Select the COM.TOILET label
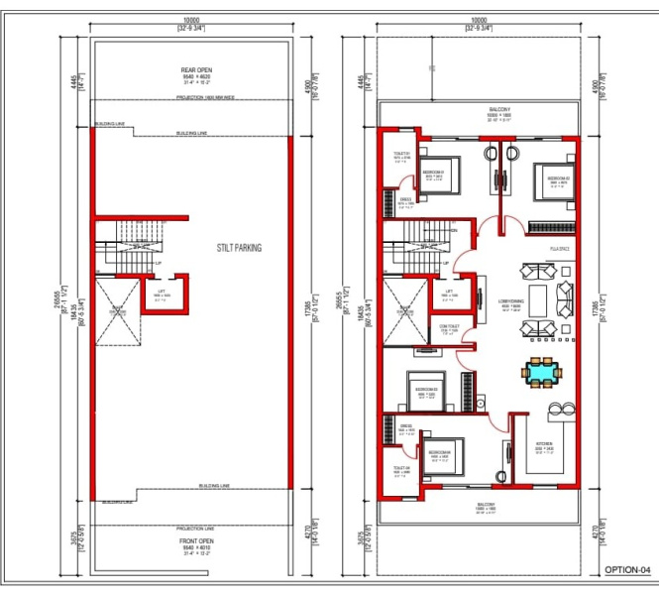[x=448, y=326]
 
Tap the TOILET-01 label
[x=401, y=154]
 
